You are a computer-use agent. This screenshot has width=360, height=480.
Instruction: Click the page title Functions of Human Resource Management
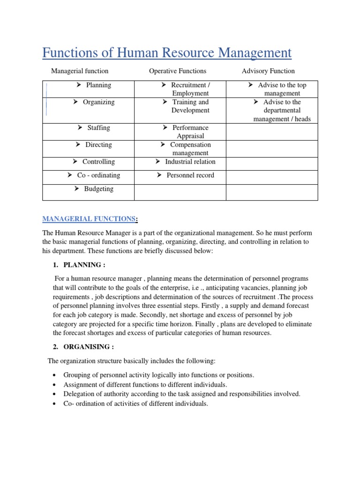pyautogui.click(x=167, y=53)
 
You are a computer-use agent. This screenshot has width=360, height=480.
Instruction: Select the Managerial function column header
pyautogui.click(x=80, y=71)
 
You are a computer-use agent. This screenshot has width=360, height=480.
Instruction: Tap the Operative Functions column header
pyautogui.click(x=177, y=71)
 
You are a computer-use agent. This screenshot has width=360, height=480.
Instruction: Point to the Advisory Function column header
pyautogui.click(x=268, y=71)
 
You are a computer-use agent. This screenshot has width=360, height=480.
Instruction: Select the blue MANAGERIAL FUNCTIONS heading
pyautogui.click(x=89, y=219)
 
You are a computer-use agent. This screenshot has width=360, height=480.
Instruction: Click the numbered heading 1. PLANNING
pyautogui.click(x=82, y=265)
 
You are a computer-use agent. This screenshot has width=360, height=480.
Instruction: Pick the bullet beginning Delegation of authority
pyautogui.click(x=182, y=394)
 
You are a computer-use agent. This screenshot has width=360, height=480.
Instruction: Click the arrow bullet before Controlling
pyautogui.click(x=75, y=162)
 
